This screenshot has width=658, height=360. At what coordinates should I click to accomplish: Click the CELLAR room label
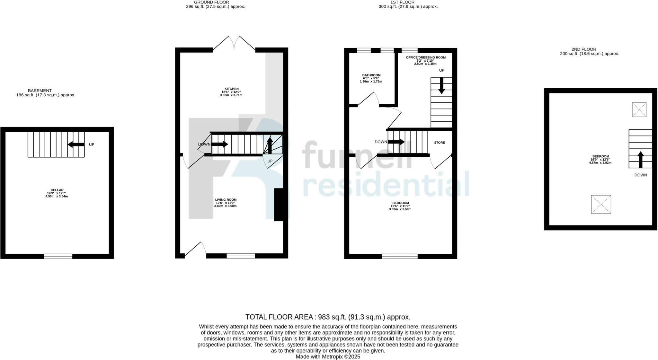57,190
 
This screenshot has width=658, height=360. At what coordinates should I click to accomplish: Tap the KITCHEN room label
231,89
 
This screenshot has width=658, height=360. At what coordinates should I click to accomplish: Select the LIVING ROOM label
226,200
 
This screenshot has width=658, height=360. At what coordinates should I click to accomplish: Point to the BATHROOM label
371,75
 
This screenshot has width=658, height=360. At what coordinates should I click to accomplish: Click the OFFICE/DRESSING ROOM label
425,57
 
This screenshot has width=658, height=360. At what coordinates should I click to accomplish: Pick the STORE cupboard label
440,143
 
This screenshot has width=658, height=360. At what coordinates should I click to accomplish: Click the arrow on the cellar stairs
76,145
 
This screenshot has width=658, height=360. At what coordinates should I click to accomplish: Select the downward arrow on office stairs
441,86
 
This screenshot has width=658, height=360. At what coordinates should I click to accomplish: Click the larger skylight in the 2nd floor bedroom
601,204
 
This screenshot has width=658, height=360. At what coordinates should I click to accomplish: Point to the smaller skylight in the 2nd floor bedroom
639,110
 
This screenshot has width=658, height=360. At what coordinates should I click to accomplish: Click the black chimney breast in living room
279,205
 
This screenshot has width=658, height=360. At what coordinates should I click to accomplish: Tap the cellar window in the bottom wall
58,256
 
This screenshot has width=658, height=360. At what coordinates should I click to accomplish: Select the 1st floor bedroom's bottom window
400,256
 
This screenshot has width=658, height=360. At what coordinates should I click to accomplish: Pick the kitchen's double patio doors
234,44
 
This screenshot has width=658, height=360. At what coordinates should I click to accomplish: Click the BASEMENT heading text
40,91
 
